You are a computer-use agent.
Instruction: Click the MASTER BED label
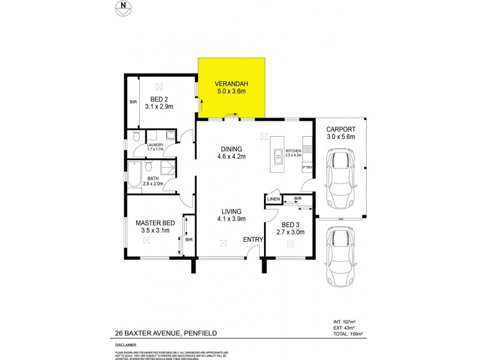click(151, 222)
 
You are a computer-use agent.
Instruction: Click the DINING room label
click(230, 149)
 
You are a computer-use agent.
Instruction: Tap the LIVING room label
click(230, 211)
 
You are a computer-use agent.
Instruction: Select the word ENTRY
click(253, 240)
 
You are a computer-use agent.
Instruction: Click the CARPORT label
click(341, 129)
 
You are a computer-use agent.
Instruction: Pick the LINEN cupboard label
click(273, 199)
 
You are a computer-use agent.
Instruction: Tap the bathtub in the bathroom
click(135, 178)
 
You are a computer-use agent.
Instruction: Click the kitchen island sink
click(277, 158)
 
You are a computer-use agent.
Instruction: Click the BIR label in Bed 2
click(133, 102)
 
